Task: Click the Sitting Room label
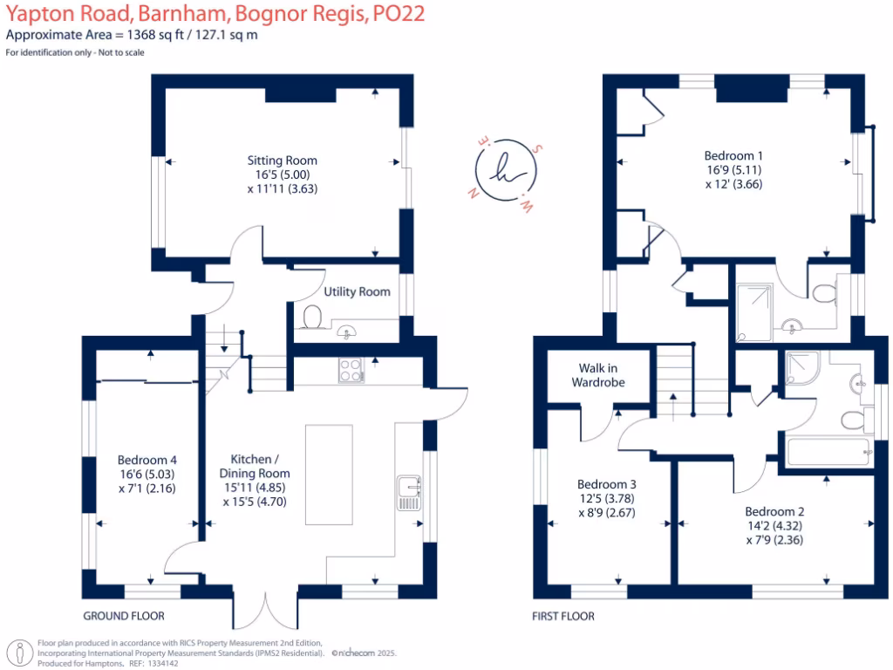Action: [282, 161]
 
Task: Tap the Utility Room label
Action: [357, 291]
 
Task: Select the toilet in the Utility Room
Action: [312, 317]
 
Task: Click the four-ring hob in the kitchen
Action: [351, 370]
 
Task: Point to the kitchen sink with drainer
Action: [409, 493]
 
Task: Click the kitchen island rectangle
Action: [329, 475]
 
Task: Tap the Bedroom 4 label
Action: [147, 460]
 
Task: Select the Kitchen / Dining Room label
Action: [255, 466]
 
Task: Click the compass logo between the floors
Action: [505, 170]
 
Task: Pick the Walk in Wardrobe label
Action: [598, 375]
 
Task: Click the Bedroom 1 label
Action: [733, 155]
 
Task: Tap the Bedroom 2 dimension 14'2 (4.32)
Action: [775, 526]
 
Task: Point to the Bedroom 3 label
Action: [607, 484]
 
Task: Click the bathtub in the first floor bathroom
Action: [828, 452]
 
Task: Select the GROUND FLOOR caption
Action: [124, 616]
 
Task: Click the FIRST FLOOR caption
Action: [563, 616]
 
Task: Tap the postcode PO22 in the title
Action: [399, 13]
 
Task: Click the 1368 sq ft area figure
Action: [155, 35]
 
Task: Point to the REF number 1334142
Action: [162, 663]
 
